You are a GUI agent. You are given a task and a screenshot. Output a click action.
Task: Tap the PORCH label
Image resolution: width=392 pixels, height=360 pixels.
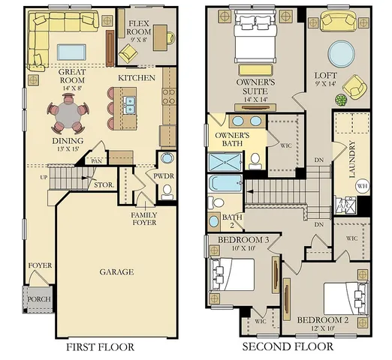coord(39,299)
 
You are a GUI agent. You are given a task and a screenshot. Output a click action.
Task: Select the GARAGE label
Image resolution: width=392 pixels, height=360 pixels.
coord(116,271)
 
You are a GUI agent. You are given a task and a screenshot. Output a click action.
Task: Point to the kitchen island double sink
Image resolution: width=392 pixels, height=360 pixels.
coord(129,105)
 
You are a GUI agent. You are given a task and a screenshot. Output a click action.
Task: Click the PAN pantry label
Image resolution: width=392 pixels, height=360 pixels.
coord(96,161)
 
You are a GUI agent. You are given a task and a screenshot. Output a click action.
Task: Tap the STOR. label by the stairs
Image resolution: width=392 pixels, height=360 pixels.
coord(104,185)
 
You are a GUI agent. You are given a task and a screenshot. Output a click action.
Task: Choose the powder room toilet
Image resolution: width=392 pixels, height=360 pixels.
coord(167,192)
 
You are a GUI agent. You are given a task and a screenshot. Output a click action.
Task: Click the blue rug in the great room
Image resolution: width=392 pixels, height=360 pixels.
coord(71,52)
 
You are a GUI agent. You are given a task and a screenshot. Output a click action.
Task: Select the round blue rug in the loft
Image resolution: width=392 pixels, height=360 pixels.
coord(341,53)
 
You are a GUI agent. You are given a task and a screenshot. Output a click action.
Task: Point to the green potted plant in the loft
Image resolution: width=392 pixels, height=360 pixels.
coord(341,100)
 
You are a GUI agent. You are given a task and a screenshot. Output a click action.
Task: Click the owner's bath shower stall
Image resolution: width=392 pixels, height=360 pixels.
coord(225,162)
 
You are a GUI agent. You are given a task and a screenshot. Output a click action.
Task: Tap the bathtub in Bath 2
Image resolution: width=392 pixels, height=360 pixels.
coord(225,184)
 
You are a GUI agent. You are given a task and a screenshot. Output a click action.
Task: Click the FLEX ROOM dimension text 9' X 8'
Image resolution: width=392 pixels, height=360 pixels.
coord(138,40)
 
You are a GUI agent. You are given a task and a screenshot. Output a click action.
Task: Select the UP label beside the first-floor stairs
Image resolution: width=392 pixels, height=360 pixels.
coord(44,178)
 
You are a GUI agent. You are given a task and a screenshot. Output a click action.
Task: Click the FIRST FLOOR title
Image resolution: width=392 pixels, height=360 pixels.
coord(100,347)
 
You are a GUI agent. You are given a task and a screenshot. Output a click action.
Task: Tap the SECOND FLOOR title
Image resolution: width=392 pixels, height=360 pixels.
coord(288,346)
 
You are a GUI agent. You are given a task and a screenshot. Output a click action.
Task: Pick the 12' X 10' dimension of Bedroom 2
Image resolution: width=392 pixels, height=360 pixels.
coord(323,328)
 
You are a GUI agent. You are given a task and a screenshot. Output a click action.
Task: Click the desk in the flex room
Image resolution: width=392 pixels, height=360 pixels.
coord(160,37)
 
